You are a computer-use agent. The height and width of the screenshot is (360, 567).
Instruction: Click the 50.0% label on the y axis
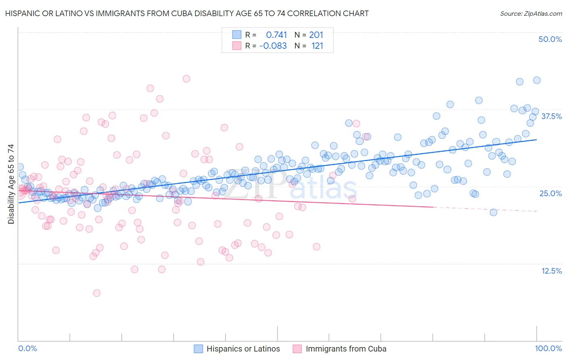coord(550,39)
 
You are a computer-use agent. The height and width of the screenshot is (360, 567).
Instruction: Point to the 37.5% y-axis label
coord(551,116)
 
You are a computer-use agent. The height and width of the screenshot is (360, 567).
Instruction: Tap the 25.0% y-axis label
coord(550,193)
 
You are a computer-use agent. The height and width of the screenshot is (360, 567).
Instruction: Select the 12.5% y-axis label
coord(551,271)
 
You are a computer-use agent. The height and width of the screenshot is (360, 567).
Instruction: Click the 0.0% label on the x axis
coord(28,349)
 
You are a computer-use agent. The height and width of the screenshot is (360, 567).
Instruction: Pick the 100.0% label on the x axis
coord(548,349)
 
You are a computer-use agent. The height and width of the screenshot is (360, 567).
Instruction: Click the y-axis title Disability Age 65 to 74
coord(11,184)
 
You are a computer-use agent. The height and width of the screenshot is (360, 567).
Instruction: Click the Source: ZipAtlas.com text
coord(531,13)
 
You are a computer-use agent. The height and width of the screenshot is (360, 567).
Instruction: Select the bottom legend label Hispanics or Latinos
coord(243,349)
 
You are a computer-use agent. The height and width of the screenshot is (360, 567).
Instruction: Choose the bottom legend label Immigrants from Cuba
coord(346,349)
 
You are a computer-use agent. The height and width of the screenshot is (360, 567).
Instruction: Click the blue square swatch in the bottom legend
coord(198,349)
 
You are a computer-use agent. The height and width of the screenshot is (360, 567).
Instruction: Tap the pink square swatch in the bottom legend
coord(297,349)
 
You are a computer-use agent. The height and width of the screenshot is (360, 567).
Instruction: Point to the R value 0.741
coord(276,35)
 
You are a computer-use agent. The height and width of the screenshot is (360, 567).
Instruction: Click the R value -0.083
coord(273,46)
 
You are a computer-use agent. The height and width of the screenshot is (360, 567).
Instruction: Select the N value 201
coord(316,35)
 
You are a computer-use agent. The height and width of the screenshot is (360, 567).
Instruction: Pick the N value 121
coord(317,46)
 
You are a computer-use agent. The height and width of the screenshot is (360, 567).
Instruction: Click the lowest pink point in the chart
coord(97,293)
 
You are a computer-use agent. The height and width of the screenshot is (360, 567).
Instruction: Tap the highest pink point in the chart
coord(186,79)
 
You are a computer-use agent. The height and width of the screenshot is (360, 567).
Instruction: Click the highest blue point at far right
coord(537,80)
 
